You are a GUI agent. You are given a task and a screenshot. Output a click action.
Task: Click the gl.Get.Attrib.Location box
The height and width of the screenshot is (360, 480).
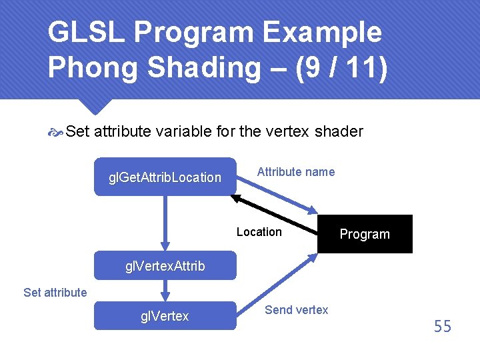coord(165,177)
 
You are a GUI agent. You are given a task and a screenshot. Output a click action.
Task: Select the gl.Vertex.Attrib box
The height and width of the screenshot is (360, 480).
coord(165,266)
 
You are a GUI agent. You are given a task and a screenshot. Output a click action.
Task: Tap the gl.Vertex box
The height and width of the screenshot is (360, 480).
coord(165,316)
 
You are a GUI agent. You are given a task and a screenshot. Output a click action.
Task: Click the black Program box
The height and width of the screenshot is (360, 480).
coord(365,234)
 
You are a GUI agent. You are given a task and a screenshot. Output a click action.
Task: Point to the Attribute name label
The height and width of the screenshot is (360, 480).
coord(296,172)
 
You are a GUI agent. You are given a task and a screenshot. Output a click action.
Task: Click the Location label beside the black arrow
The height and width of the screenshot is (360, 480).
coord(259,232)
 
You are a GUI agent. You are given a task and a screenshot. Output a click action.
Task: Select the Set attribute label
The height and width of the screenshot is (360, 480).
coord(55,292)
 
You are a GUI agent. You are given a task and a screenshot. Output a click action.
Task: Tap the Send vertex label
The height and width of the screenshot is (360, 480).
coord(296,309)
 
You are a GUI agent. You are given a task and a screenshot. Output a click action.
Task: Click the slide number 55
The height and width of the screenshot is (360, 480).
coord(443,327)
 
